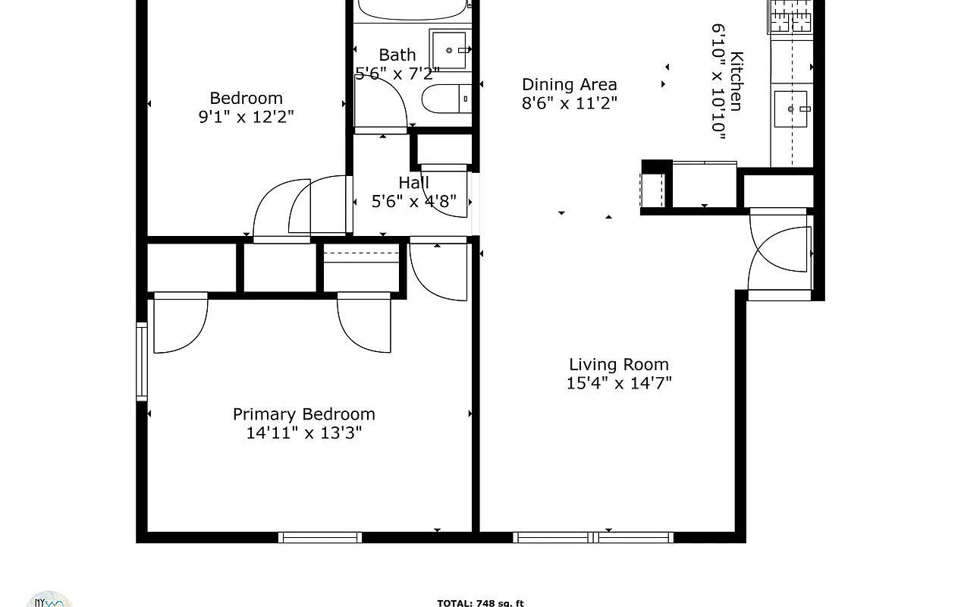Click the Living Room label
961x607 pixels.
point(619,365)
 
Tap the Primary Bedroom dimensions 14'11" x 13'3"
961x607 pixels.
point(304,433)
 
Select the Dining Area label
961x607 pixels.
point(569,85)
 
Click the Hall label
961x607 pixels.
point(413,183)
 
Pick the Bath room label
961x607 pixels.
point(397,55)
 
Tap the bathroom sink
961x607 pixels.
point(451,50)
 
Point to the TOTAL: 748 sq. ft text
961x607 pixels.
point(480,603)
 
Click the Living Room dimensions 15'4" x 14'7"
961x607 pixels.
point(619,384)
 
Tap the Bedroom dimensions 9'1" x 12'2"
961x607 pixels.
point(246,117)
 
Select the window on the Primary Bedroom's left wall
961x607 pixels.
point(142,361)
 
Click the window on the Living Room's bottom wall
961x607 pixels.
point(593,537)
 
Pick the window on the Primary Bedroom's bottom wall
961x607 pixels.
point(319,537)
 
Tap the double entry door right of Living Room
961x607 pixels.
point(780,254)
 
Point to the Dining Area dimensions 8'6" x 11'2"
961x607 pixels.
point(569,104)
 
